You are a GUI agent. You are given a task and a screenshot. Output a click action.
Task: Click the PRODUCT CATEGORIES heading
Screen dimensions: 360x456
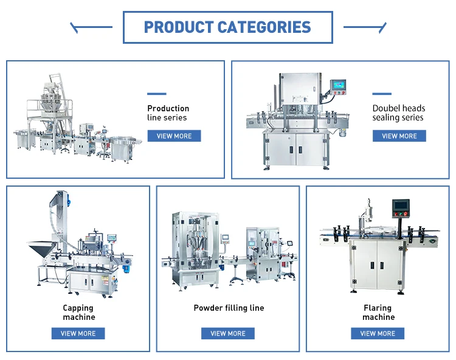[227, 27]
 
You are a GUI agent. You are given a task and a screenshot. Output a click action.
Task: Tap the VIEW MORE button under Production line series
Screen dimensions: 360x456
[174, 136]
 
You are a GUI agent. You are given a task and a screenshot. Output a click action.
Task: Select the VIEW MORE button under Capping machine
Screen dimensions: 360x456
[78, 333]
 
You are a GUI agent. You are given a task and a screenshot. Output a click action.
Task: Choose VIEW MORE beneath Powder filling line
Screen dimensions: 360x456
[228, 333]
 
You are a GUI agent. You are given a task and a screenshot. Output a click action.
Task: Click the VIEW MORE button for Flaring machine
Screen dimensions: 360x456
[378, 333]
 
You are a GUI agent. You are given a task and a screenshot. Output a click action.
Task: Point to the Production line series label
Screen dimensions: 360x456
[168, 113]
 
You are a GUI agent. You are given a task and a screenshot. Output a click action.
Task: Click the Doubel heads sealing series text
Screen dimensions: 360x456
[398, 113]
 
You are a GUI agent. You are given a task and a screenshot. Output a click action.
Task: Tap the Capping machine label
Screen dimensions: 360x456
[78, 313]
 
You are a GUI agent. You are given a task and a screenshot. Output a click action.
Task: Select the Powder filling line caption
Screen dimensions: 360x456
[229, 308]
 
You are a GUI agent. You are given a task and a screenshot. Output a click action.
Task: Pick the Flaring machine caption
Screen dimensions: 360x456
[378, 313]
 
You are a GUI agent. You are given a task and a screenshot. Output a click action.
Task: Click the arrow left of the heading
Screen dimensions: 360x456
[91, 27]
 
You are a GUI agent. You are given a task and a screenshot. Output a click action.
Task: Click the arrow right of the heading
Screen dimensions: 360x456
[365, 27]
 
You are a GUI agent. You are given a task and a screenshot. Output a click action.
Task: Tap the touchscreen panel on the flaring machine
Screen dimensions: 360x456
[400, 207]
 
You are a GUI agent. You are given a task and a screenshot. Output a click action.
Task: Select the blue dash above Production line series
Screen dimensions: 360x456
[156, 94]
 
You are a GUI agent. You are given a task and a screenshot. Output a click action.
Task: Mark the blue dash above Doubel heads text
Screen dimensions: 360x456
[382, 94]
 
